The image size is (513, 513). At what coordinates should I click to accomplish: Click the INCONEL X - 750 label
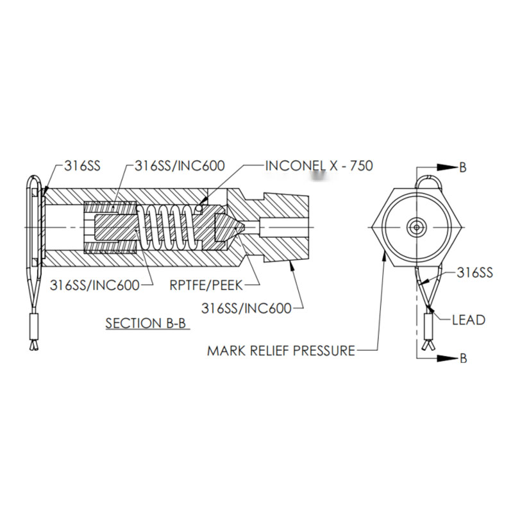(x=319, y=166)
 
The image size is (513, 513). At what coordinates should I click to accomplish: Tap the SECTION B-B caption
(x=146, y=323)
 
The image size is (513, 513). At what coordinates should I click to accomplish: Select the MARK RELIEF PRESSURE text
(x=281, y=351)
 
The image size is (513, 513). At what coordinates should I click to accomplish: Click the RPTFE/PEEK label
(x=206, y=285)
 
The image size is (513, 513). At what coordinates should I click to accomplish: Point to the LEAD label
(x=469, y=320)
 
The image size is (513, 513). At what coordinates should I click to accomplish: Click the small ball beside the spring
(x=199, y=208)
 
